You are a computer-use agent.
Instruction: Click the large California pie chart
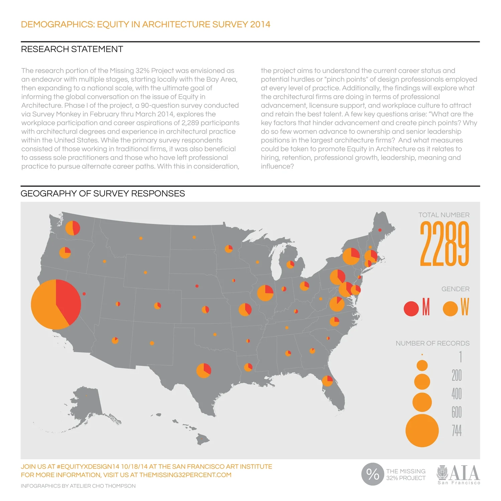point(56,304)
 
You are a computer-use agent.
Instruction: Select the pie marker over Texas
point(204,370)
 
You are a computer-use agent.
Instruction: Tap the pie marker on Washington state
point(72,228)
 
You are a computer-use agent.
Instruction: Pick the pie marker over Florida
point(327,381)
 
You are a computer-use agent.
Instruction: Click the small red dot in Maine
point(380,230)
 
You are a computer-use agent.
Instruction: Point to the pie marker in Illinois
point(265,293)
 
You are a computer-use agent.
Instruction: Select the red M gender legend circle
point(411,308)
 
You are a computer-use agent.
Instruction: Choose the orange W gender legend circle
point(450,308)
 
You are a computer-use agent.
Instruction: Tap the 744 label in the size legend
point(457,431)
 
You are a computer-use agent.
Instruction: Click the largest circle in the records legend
point(422,431)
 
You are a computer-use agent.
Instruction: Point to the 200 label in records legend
point(457,375)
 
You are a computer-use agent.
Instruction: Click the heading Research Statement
point(72,49)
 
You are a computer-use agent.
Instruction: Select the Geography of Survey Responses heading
point(103,194)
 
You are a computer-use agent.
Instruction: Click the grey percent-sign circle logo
point(372,474)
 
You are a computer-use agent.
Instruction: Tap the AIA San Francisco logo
point(459,474)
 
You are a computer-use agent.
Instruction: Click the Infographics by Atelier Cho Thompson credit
point(78,486)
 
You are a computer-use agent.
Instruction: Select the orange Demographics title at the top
point(146,24)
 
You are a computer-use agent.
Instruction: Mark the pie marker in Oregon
point(65,253)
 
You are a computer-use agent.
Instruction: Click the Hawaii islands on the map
point(197,434)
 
